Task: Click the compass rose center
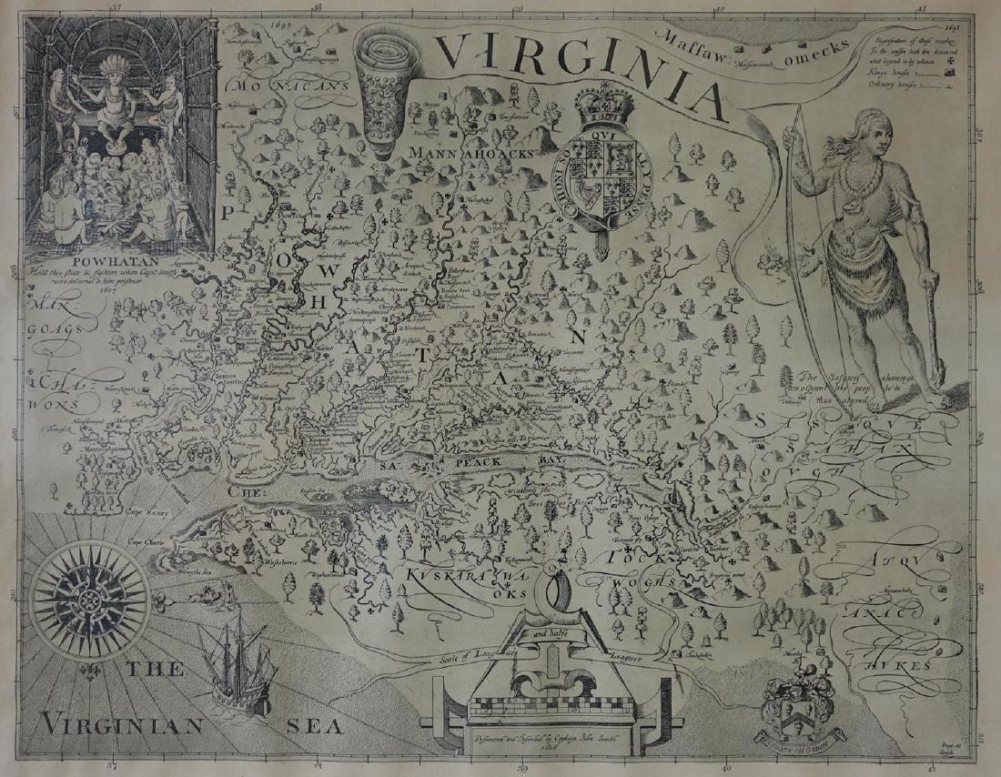coord(91,600)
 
